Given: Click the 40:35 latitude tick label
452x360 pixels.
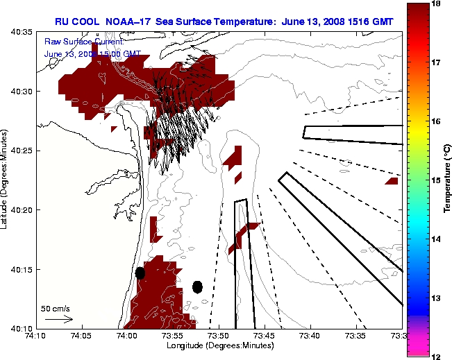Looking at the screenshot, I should coord(22,33).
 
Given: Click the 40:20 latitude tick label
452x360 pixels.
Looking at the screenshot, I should coord(22,210).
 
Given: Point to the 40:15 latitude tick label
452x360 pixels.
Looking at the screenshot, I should coord(22,269).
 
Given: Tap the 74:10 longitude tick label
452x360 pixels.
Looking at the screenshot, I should coord(35,335).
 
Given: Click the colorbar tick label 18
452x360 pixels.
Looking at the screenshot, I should coord(437,3).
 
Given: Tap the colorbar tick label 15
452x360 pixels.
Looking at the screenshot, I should coord(437,180).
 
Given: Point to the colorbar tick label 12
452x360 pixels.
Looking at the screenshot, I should coord(437,356).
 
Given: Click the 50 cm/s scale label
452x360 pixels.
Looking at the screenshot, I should coord(56,309).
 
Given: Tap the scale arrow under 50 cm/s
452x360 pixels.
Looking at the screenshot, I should coord(58,319).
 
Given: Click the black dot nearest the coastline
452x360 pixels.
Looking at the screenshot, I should coord(140,273).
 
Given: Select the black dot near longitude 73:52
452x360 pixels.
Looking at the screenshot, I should coord(197,287).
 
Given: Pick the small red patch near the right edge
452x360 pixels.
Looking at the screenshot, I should coord(392,181).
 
